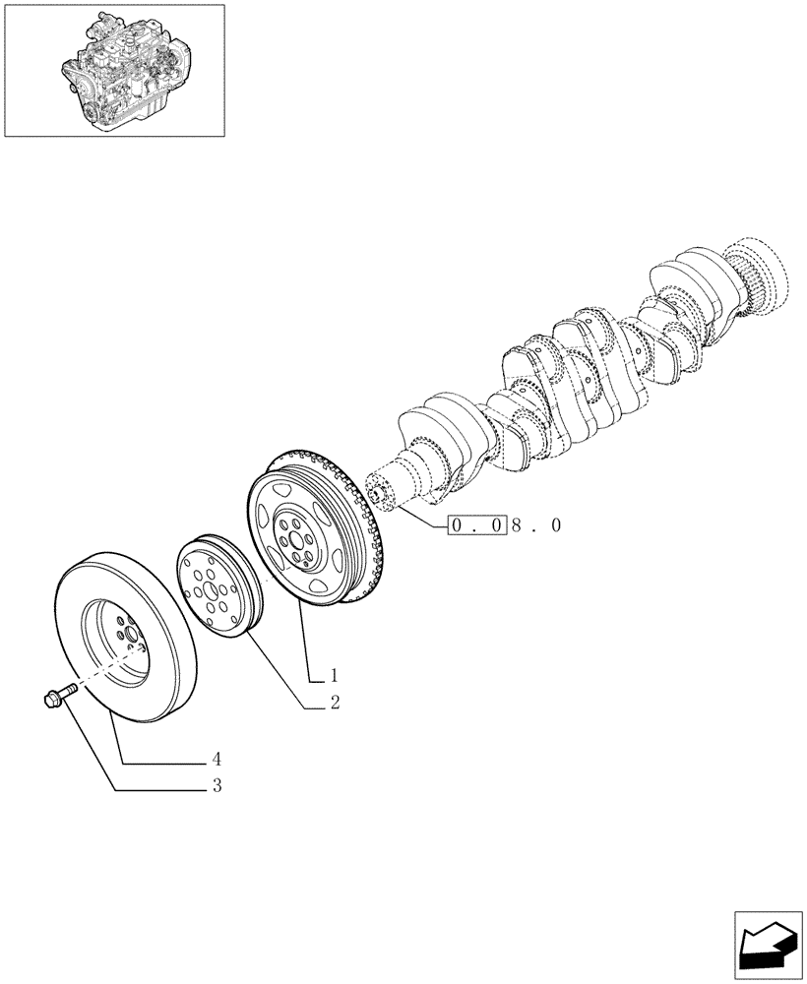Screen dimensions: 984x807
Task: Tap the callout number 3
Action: [x=216, y=786]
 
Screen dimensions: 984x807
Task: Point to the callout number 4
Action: [x=215, y=760]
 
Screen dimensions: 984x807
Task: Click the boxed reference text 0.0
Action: [x=477, y=525]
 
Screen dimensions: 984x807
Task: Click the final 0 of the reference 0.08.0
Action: [x=557, y=525]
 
